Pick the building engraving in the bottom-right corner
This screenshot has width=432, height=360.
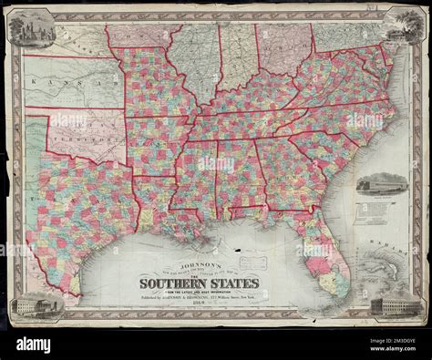click(400, 303)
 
